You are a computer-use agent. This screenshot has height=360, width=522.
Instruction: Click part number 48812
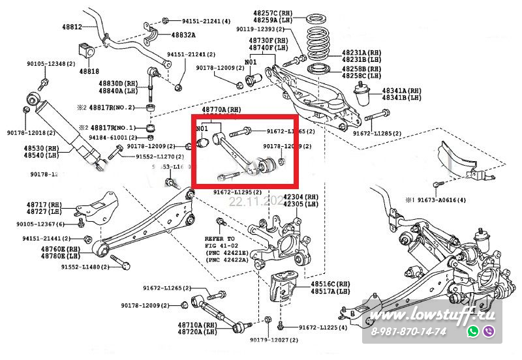pos(72,27)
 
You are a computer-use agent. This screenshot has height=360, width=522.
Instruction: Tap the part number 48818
pos(89,70)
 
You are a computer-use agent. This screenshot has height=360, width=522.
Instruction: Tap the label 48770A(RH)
pos(221,110)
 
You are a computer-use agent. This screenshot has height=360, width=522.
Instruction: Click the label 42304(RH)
pos(300,197)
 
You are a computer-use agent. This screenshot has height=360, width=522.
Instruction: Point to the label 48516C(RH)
pos(331,284)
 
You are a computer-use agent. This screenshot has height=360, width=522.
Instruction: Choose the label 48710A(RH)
pos(197,325)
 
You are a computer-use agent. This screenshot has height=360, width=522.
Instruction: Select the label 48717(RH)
pos(44,204)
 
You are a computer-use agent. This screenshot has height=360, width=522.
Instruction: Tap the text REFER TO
pos(219,239)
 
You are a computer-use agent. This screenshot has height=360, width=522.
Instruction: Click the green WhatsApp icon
pos(472,331)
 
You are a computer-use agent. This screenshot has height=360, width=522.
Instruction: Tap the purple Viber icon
pos(488,331)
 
